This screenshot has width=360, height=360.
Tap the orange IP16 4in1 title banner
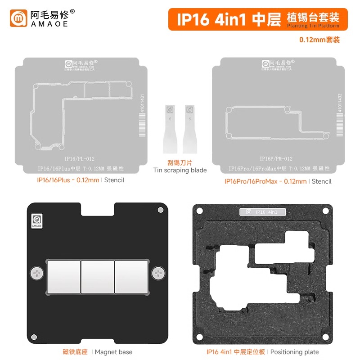point(258,19)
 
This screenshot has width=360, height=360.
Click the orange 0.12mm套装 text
point(319,40)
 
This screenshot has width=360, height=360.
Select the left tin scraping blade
point(170,128)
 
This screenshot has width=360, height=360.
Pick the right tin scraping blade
point(189,128)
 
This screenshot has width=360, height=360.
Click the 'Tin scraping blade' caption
point(180,170)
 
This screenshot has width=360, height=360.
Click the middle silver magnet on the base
point(97,275)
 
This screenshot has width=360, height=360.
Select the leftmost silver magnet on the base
point(63,275)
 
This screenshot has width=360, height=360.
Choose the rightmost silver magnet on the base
point(131,275)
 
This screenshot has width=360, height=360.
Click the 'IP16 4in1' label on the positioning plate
point(261,212)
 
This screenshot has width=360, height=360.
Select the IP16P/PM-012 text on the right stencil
point(276,159)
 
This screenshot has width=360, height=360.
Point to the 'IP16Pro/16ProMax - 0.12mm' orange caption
point(265,181)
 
